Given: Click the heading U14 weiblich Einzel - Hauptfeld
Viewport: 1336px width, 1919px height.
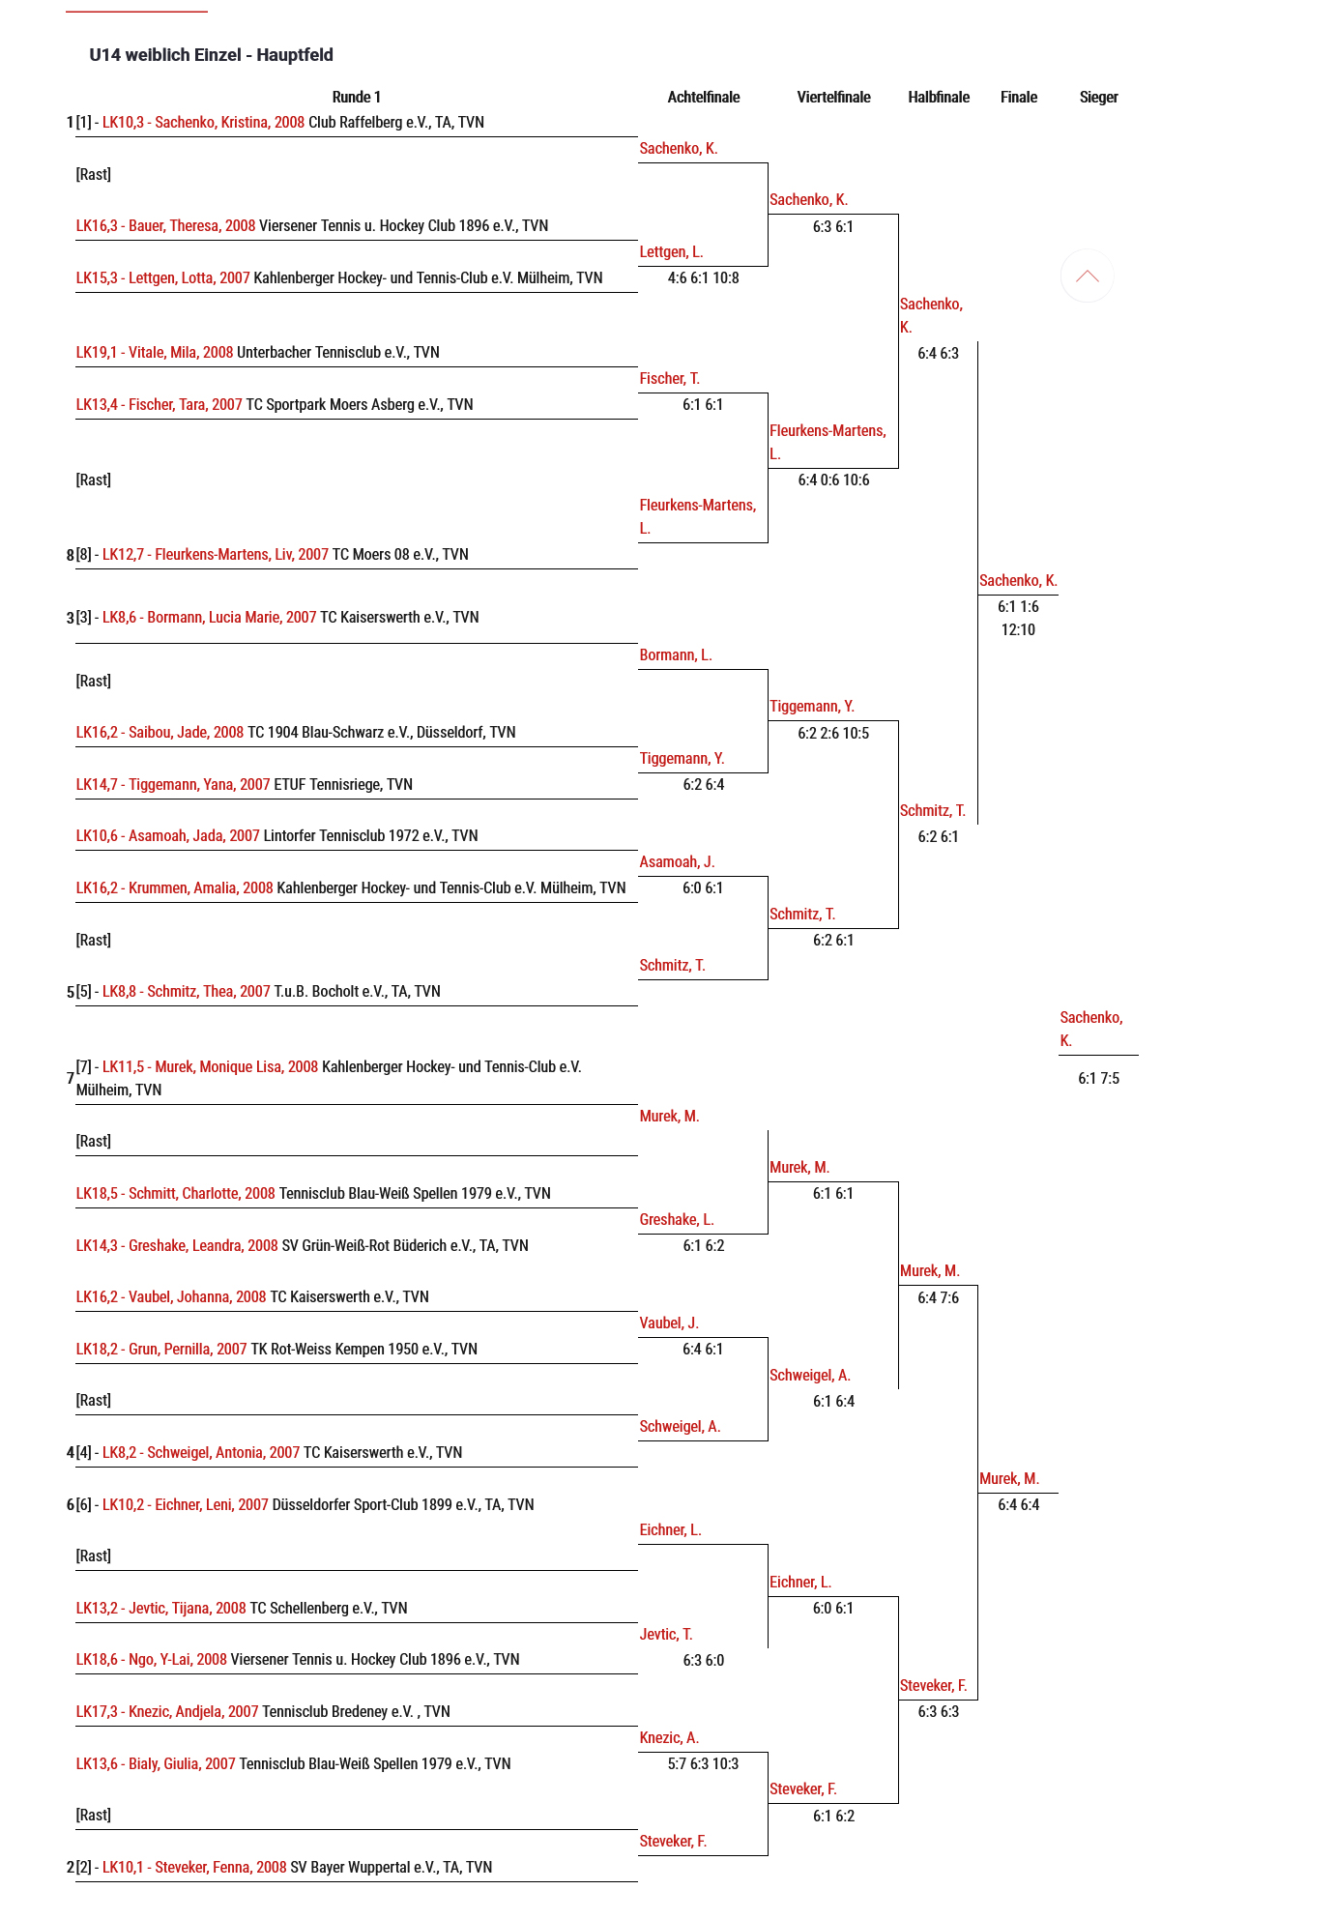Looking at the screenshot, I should click(x=211, y=55).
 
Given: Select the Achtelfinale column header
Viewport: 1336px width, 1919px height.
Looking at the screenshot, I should click(x=703, y=97).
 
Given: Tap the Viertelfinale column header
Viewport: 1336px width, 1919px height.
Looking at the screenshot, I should click(x=833, y=97).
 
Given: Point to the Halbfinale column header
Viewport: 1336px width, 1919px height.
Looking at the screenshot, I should click(x=938, y=97).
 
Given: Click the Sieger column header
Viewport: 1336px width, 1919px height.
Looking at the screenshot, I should click(x=1098, y=97).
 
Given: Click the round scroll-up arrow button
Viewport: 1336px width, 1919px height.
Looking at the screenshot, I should click(x=1087, y=276).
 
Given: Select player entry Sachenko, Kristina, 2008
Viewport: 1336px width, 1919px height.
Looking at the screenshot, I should click(x=203, y=123).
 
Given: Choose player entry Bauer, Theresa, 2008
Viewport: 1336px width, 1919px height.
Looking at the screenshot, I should click(x=165, y=226).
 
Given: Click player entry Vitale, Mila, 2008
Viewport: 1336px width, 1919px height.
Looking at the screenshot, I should click(x=155, y=353).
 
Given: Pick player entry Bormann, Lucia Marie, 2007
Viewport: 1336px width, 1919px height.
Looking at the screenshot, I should click(x=209, y=618).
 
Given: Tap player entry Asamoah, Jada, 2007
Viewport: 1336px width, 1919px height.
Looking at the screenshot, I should click(x=167, y=836).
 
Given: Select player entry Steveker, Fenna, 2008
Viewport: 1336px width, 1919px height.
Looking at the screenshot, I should click(x=194, y=1868).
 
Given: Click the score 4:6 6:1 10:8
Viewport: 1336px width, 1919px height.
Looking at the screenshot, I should click(x=703, y=278).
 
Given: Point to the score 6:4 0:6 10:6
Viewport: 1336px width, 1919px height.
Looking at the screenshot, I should click(x=833, y=480).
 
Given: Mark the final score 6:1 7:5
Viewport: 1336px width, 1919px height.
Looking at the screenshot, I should click(x=1098, y=1079).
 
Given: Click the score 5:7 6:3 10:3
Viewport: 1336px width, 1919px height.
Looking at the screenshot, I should click(x=703, y=1764).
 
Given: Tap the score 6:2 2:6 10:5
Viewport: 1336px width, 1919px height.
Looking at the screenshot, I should click(x=833, y=734).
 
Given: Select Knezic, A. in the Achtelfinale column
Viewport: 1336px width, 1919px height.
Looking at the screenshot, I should click(x=669, y=1738).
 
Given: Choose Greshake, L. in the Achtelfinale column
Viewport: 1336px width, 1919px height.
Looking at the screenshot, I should click(x=677, y=1220).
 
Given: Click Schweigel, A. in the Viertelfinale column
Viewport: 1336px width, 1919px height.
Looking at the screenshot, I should click(x=810, y=1376).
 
